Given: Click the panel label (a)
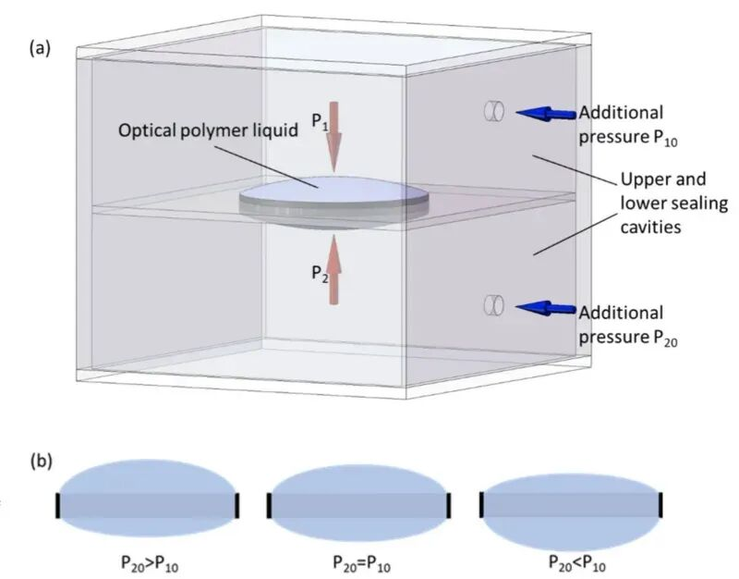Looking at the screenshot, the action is [40, 48].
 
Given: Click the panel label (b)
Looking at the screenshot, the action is [41, 461].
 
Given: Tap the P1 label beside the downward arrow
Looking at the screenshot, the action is [320, 122].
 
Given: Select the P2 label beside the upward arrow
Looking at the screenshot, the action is [320, 273].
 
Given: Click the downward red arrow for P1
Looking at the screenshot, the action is [334, 137].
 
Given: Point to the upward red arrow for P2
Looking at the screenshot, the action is [333, 269].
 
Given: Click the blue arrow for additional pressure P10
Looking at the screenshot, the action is [545, 114].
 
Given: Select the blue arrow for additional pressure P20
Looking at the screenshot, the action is [545, 308].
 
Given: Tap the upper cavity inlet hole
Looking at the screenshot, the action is [494, 111].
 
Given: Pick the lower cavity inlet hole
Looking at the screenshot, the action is [494, 305].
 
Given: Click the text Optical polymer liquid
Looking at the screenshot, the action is [208, 130].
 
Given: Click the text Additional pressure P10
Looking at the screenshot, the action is [628, 125].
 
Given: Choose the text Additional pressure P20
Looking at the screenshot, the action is [628, 326].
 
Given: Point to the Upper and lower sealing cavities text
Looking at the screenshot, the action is [674, 203].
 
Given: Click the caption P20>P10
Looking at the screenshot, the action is [150, 564].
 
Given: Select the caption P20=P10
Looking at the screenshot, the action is [362, 564].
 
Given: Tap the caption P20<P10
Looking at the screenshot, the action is [577, 564].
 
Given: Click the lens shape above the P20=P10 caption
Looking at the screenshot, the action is [359, 503].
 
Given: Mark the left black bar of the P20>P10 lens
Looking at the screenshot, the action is [58, 505].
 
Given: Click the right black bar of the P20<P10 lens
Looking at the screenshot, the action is [660, 505].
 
